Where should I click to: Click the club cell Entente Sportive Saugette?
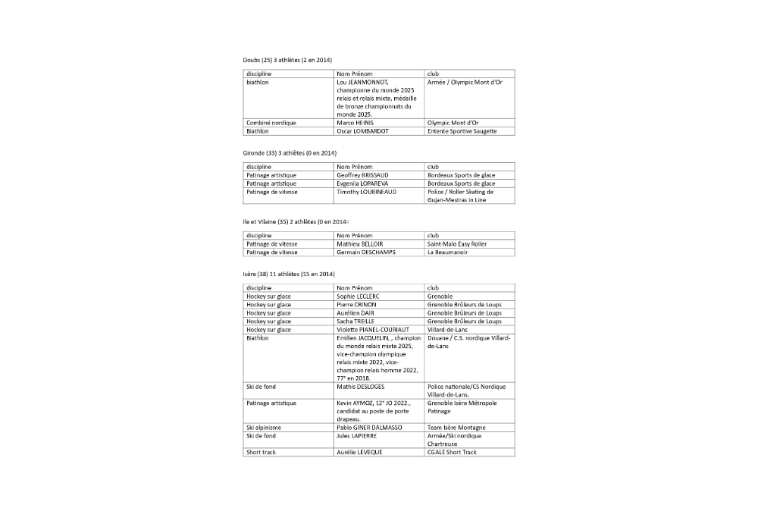(462, 131)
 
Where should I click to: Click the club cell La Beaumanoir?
(447, 252)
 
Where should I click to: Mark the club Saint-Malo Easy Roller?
(457, 244)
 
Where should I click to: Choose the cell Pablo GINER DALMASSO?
(372, 428)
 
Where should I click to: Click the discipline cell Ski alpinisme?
(266, 428)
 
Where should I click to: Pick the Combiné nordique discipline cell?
(271, 123)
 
